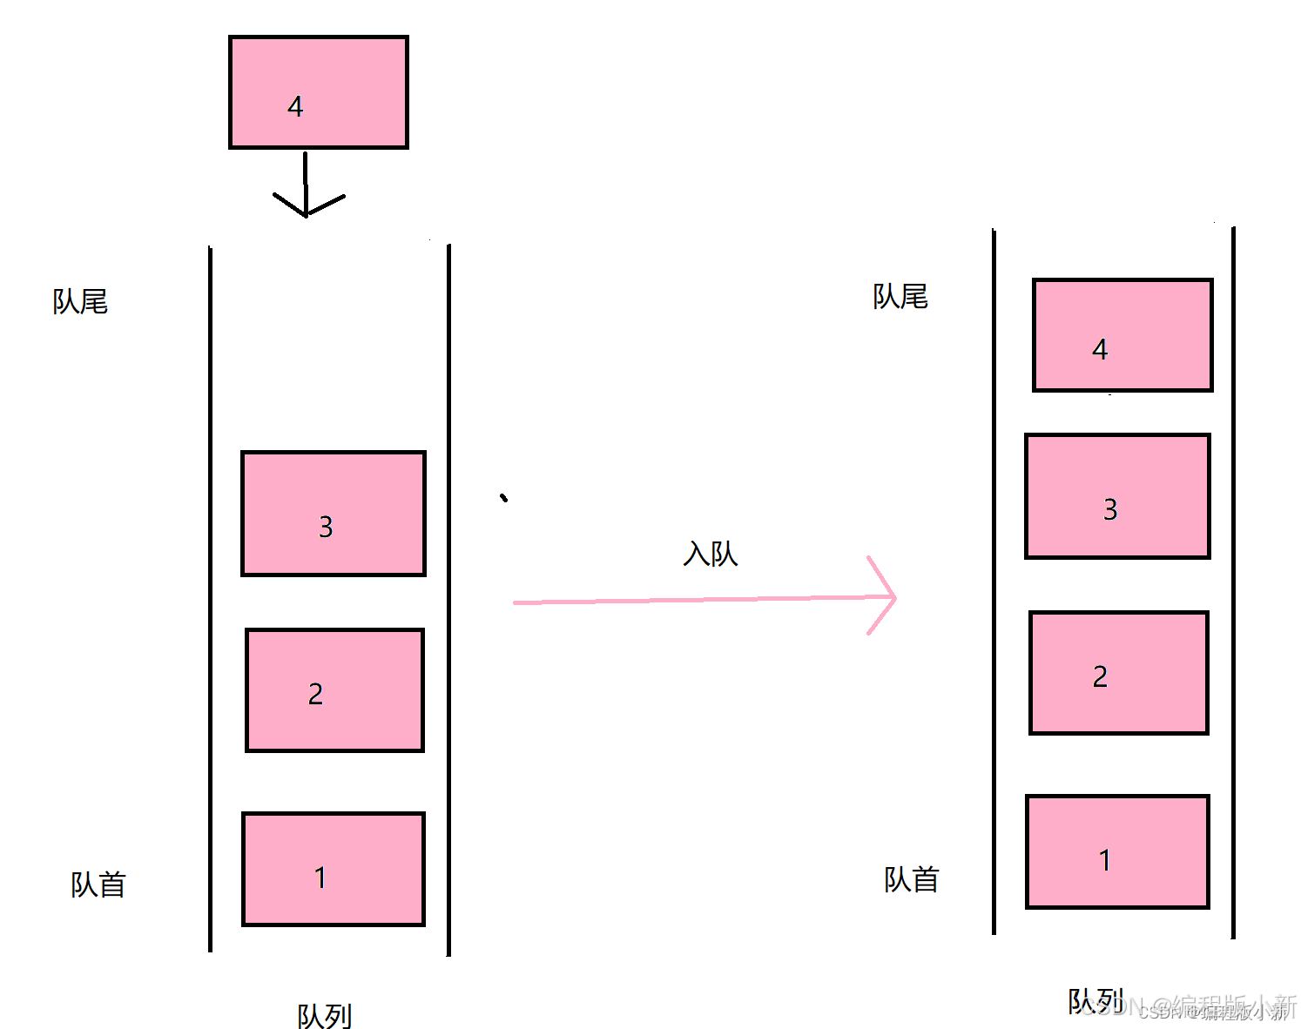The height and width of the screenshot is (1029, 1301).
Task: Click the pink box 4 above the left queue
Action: pyautogui.click(x=318, y=92)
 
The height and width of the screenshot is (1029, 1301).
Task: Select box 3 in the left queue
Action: pyautogui.click(x=334, y=514)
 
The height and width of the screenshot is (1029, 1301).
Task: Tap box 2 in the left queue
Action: pyautogui.click(x=334, y=690)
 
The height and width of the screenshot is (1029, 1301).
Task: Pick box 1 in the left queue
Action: pyautogui.click(x=334, y=869)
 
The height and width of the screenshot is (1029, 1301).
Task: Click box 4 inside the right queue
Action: pyautogui.click(x=1122, y=335)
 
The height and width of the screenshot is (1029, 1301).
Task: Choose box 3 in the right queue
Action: pyautogui.click(x=1118, y=496)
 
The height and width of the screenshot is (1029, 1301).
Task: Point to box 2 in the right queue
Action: pyautogui.click(x=1119, y=673)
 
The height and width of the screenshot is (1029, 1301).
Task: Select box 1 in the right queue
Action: pyautogui.click(x=1118, y=851)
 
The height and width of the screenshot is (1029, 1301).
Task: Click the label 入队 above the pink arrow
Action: pyautogui.click(x=711, y=554)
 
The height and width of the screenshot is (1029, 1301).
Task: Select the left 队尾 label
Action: pyautogui.click(x=80, y=301)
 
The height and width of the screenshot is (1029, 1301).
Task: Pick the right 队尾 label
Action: pyautogui.click(x=900, y=297)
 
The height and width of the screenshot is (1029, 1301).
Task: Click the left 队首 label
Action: pyautogui.click(x=98, y=884)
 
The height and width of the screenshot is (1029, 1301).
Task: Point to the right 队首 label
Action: pyautogui.click(x=912, y=879)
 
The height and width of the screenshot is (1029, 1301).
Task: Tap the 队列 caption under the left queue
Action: pyautogui.click(x=325, y=1015)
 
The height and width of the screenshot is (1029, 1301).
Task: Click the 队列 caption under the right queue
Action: pyautogui.click(x=1095, y=1001)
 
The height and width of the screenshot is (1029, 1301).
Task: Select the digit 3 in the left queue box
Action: pyautogui.click(x=326, y=527)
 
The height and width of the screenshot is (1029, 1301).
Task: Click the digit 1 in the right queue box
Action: pyautogui.click(x=1105, y=860)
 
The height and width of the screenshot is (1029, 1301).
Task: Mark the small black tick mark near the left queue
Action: pyautogui.click(x=503, y=498)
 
